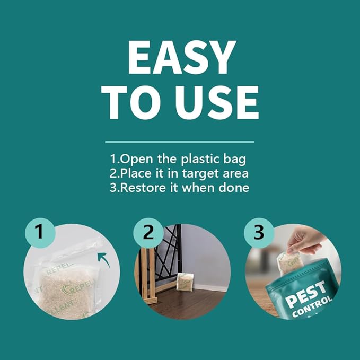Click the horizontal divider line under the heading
pyautogui.click(x=180, y=142)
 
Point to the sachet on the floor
pyautogui.click(x=183, y=282)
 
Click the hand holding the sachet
pyautogui.click(x=306, y=240)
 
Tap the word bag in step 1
pyautogui.click(x=235, y=159)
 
